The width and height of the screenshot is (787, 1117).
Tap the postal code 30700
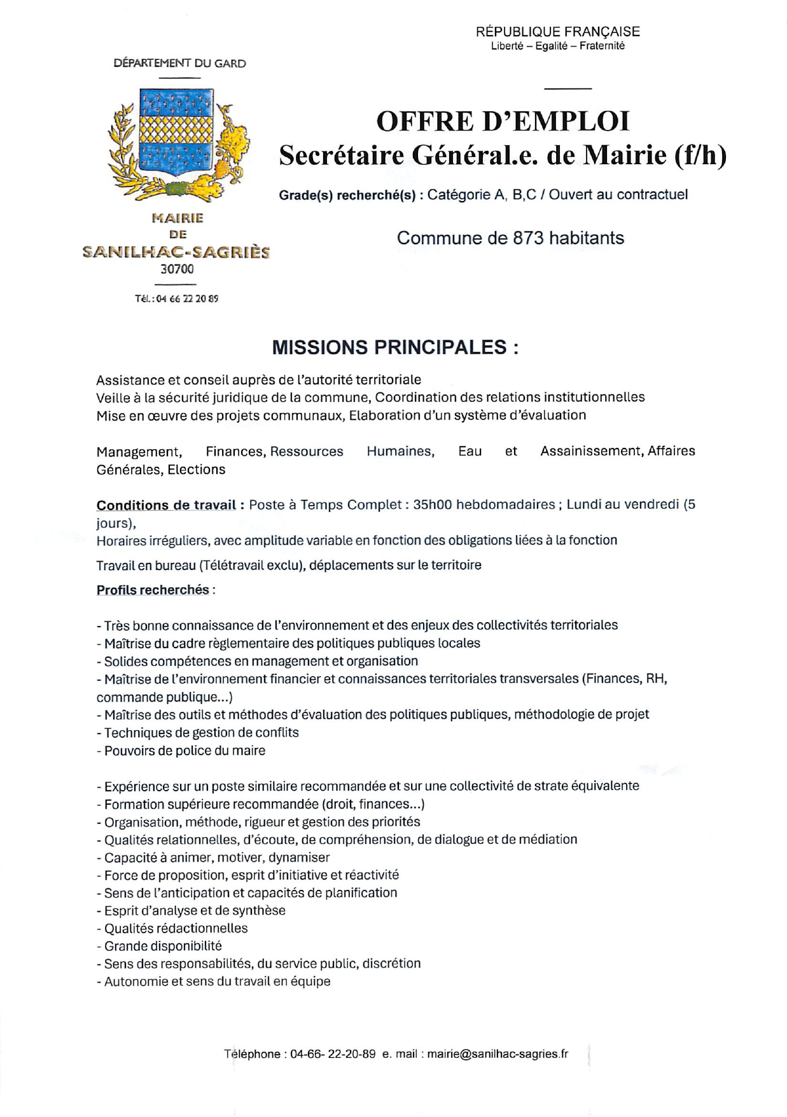click(x=177, y=269)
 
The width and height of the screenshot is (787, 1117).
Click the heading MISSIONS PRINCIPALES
click(x=394, y=347)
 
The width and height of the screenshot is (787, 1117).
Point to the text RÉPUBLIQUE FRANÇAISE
click(x=557, y=32)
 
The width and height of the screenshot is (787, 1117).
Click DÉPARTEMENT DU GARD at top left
click(x=179, y=64)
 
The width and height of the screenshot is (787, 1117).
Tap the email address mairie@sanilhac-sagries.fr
click(x=498, y=1053)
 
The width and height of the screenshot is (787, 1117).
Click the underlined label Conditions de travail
click(x=166, y=505)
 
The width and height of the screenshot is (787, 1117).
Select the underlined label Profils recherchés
click(x=153, y=590)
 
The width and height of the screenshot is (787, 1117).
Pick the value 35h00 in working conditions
click(x=433, y=505)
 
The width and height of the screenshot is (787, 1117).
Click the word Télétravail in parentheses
click(x=236, y=565)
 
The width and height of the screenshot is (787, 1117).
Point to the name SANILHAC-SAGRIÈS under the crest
click(x=176, y=253)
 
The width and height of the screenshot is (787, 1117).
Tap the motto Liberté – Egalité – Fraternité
click(x=557, y=46)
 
